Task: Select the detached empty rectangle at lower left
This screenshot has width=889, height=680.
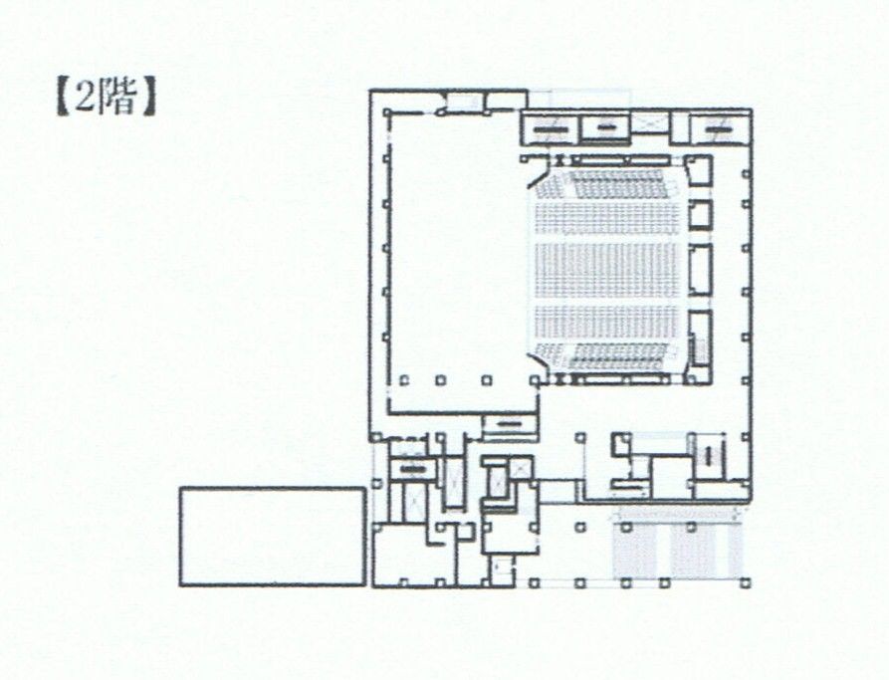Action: pos(272,536)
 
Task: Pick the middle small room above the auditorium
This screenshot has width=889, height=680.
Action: pos(605,127)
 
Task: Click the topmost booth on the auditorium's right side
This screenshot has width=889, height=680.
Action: pos(700,172)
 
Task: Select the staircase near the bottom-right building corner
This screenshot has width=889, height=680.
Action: pos(710,457)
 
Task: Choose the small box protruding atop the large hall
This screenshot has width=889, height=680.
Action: pos(463,101)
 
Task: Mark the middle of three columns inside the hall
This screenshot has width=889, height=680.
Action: pos(441,379)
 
